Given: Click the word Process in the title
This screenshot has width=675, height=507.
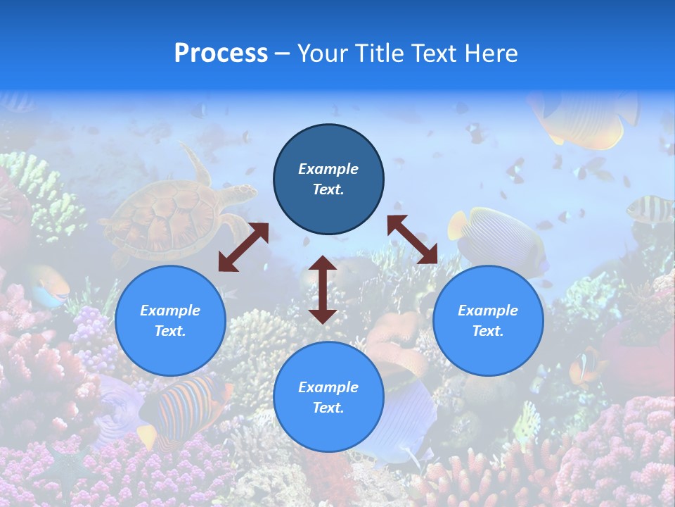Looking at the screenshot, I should tap(221, 54).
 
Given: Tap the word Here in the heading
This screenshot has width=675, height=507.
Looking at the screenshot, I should tap(491, 54).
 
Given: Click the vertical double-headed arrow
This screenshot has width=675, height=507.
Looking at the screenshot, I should tap(323, 289).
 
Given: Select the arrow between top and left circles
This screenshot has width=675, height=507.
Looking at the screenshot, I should tap(243, 247).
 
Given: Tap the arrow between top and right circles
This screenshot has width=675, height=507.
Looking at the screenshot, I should tap(412, 239).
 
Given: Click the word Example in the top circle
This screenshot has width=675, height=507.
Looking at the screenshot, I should tap(328, 169).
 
